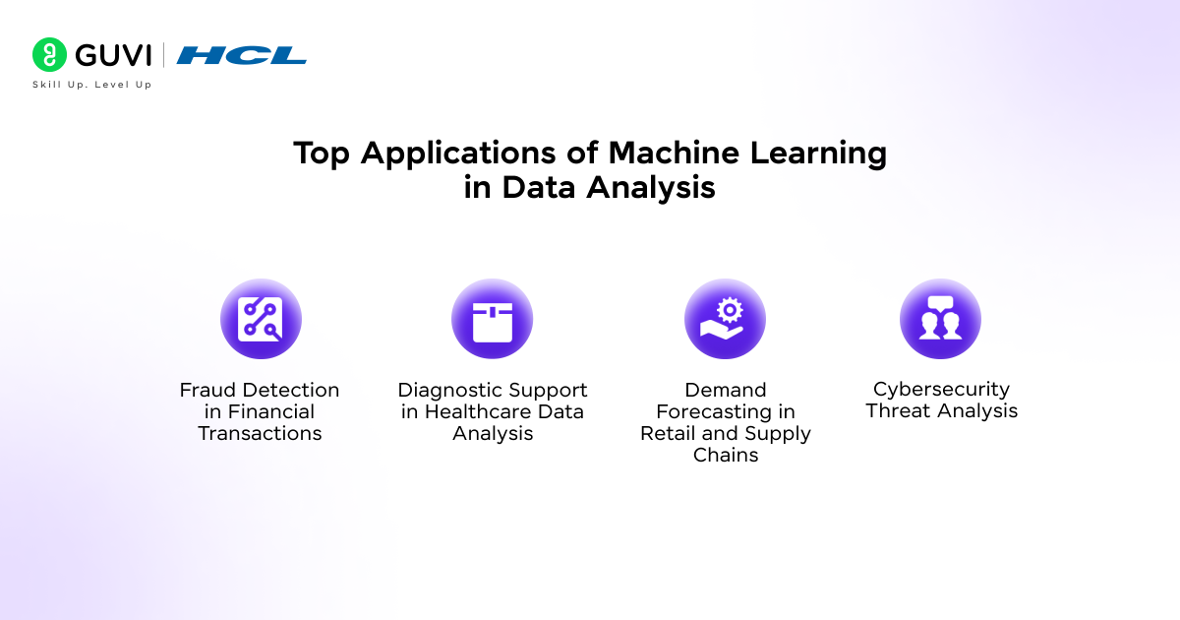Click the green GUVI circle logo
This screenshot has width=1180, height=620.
tap(49, 54)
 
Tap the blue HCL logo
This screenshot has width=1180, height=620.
tap(241, 55)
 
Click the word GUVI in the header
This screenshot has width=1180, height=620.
tap(113, 55)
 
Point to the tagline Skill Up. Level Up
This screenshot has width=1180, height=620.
tap(92, 85)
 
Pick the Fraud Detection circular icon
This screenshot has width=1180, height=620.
tap(261, 319)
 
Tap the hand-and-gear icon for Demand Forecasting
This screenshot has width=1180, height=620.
tap(725, 319)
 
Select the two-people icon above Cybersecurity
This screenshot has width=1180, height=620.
tap(940, 319)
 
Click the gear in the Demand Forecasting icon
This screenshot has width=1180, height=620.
tap(730, 311)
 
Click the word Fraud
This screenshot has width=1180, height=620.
tap(207, 390)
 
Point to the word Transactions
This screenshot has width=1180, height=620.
tap(260, 433)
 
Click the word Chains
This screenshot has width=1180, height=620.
tap(726, 455)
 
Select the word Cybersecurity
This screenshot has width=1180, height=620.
tap(941, 390)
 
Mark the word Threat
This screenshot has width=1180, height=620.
tap(896, 410)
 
